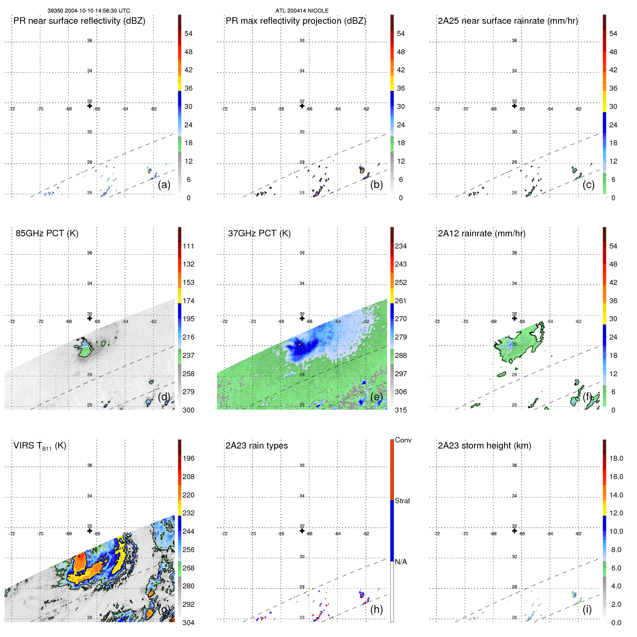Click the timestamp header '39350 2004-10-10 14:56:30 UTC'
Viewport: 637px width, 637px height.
click(88, 11)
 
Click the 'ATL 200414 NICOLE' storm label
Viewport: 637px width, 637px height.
click(302, 11)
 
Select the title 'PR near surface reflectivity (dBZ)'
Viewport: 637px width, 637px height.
click(79, 21)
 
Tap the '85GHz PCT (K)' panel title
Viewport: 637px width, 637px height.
click(47, 233)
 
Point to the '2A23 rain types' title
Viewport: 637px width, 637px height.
click(256, 446)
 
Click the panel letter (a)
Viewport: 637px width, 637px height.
click(164, 185)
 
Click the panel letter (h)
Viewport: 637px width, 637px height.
click(376, 609)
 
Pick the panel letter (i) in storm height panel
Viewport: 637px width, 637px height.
click(587, 609)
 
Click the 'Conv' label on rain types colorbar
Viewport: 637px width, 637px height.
click(403, 440)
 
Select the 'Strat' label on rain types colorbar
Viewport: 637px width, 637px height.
click(402, 501)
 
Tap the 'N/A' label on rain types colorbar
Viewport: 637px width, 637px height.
click(401, 562)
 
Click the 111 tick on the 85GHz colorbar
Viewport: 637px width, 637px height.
click(188, 246)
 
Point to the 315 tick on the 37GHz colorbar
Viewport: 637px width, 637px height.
click(401, 410)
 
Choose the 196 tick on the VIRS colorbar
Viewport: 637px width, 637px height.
click(188, 459)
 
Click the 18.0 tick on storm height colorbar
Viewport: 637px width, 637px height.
click(616, 459)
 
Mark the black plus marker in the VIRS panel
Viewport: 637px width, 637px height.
click(90, 531)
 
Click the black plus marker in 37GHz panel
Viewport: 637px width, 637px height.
click(302, 318)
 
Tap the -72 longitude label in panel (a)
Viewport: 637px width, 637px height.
click(12, 109)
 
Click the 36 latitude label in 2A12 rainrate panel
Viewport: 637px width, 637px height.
click(514, 253)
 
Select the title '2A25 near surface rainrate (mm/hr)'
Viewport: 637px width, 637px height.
click(508, 21)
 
